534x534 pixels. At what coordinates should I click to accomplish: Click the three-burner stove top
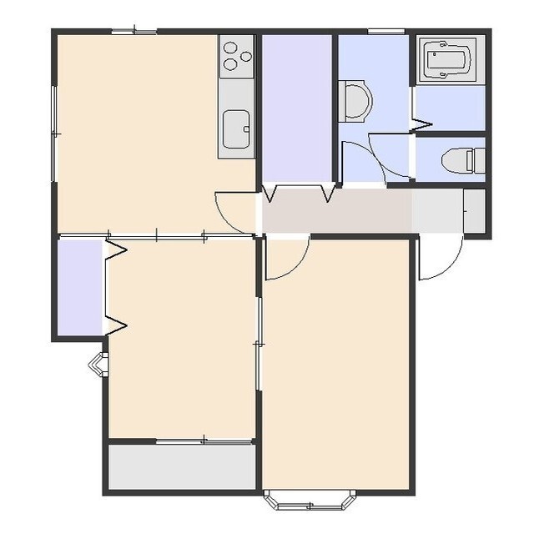[x=236, y=56]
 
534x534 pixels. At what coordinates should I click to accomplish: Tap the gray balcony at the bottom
[x=182, y=467]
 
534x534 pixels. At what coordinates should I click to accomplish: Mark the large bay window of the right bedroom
[x=310, y=500]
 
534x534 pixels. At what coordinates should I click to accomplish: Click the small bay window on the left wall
[x=98, y=363]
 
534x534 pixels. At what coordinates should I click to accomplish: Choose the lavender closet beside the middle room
[x=80, y=287]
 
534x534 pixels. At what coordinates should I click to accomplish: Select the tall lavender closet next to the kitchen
[x=297, y=108]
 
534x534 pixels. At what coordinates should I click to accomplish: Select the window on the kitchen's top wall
[x=134, y=32]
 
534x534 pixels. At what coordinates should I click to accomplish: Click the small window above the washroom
[x=386, y=32]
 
